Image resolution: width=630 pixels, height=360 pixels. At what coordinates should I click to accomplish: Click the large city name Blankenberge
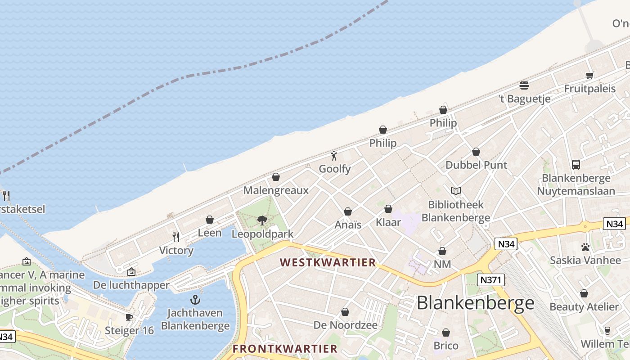475,303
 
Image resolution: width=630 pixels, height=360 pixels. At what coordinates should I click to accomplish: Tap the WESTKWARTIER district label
328,262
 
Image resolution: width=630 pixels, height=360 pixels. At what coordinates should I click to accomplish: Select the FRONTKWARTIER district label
285,349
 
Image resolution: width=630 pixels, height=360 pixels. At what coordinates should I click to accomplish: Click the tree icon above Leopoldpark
262,220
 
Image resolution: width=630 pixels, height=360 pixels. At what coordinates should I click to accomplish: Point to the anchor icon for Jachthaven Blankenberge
195,300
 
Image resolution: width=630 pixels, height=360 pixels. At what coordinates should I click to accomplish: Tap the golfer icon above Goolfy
334,156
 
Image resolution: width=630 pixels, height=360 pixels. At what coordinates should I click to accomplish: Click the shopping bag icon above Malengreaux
276,177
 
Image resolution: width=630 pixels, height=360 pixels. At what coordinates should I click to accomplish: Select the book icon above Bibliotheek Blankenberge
456,191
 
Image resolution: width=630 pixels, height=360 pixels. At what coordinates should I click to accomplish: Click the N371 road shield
490,280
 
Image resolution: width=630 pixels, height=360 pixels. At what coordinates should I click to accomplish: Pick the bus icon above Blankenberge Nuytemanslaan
576,165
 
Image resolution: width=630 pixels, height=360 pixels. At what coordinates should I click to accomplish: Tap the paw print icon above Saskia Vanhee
585,247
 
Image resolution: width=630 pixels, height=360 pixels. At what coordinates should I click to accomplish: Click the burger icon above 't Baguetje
524,85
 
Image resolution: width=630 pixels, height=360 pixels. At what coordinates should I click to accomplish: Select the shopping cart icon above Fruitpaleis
590,75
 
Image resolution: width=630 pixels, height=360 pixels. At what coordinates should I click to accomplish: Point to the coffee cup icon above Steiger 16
129,317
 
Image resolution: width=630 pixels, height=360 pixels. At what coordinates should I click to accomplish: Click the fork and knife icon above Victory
176,237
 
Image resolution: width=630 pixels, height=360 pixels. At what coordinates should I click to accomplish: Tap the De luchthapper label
131,285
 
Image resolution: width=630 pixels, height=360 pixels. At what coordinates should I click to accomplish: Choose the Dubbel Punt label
476,165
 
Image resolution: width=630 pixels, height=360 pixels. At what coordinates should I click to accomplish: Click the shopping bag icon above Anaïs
348,211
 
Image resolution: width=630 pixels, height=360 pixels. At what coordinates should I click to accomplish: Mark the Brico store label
446,346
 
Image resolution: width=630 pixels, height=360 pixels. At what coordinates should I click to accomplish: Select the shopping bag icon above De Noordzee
345,312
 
